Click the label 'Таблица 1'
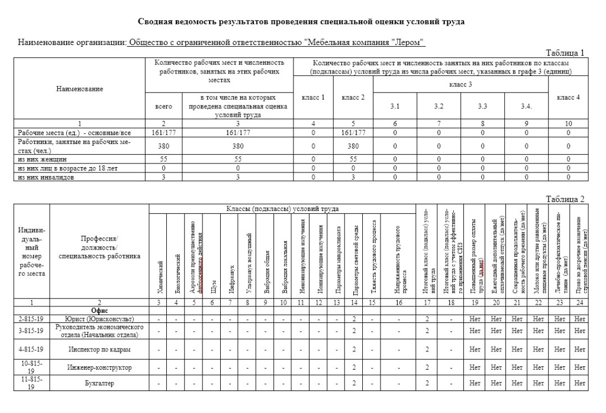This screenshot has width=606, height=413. click(x=565, y=53)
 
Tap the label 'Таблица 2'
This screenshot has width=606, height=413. click(x=565, y=199)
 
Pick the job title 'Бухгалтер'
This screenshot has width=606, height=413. click(x=99, y=383)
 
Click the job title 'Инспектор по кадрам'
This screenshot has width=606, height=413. click(x=99, y=349)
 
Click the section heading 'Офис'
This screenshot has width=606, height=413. click(x=99, y=310)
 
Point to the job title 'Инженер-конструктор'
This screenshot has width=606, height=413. click(x=99, y=367)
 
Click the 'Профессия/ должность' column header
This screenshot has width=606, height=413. click(x=99, y=247)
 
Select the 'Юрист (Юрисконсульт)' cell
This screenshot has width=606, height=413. click(x=99, y=319)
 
